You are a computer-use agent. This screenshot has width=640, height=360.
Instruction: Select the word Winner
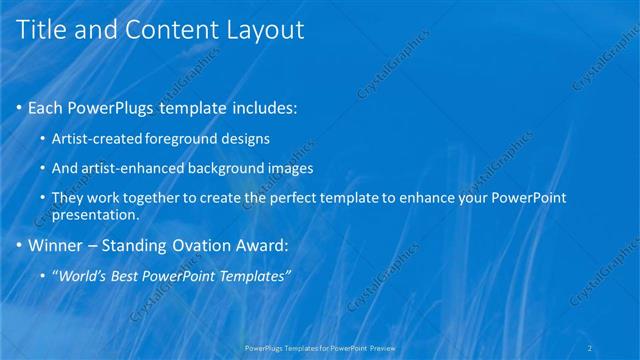coord(56,245)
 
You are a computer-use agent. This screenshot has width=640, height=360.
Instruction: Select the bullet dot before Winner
coord(19,245)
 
